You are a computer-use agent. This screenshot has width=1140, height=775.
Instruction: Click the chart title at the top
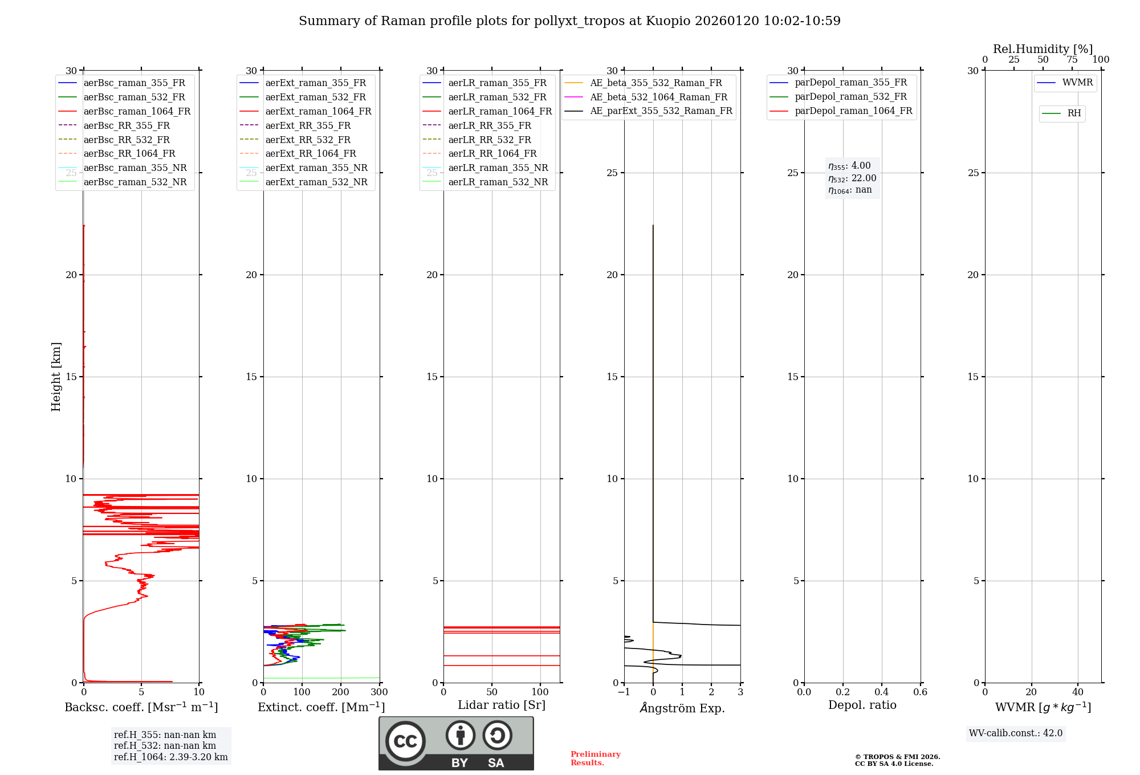pyautogui.click(x=569, y=21)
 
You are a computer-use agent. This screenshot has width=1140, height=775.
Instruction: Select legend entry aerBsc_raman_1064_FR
pyautogui.click(x=137, y=111)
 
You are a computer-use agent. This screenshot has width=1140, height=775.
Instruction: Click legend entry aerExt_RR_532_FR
pyautogui.click(x=308, y=140)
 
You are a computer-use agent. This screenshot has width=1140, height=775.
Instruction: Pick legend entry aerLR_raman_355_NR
pyautogui.click(x=498, y=168)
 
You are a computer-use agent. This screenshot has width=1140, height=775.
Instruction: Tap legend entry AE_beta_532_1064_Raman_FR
pyautogui.click(x=658, y=97)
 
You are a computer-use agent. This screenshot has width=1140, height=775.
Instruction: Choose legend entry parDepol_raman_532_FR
pyautogui.click(x=850, y=97)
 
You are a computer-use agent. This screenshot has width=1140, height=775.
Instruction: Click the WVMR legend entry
pyautogui.click(x=1077, y=83)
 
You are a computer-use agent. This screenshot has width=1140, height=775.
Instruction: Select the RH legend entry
pyautogui.click(x=1074, y=113)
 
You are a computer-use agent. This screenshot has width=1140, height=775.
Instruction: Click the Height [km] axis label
pyautogui.click(x=56, y=377)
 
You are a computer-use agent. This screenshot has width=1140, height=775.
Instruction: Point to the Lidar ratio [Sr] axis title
pyautogui.click(x=502, y=705)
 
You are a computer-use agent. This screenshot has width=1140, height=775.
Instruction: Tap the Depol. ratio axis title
pyautogui.click(x=862, y=705)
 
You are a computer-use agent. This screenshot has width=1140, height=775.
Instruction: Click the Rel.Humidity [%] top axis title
pyautogui.click(x=1043, y=49)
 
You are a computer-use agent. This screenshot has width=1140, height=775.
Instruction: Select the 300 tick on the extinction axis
pyautogui.click(x=379, y=692)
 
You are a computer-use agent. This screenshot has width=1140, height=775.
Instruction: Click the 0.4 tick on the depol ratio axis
pyautogui.click(x=881, y=692)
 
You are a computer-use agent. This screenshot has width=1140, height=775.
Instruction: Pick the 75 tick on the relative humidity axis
pyautogui.click(x=1072, y=60)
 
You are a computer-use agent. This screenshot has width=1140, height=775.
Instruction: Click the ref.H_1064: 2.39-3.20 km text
pyautogui.click(x=170, y=757)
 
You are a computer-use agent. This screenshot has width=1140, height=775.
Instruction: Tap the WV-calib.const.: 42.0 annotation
pyautogui.click(x=1016, y=733)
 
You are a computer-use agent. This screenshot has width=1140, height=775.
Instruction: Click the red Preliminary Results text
pyautogui.click(x=595, y=758)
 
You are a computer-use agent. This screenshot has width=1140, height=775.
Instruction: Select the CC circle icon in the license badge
pyautogui.click(x=405, y=741)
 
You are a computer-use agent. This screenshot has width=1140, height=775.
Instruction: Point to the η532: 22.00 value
pyautogui.click(x=852, y=178)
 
